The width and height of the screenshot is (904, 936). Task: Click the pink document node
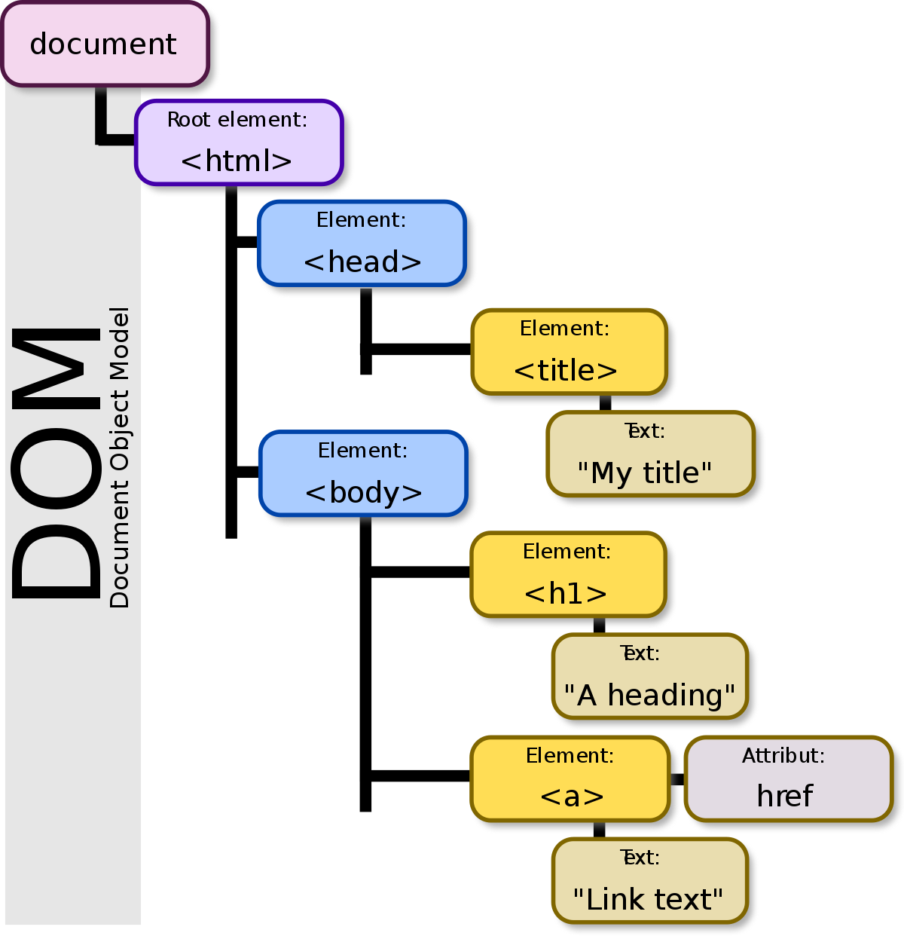(104, 44)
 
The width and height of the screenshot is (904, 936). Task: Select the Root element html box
(239, 142)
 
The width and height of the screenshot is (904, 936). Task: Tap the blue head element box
(362, 243)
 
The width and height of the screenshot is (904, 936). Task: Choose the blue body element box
(363, 473)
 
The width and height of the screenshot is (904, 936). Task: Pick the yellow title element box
(569, 352)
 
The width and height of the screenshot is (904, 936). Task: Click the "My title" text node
(650, 454)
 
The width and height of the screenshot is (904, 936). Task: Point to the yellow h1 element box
(568, 574)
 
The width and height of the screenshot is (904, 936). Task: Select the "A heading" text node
(649, 676)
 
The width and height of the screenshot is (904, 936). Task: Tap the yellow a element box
(570, 778)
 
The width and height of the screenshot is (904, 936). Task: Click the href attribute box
(788, 778)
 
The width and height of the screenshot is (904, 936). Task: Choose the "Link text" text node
(649, 880)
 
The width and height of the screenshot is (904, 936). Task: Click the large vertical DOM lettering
(56, 463)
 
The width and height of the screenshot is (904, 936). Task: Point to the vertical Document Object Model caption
(120, 457)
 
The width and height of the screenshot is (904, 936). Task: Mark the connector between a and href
(677, 779)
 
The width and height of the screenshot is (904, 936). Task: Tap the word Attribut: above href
(783, 756)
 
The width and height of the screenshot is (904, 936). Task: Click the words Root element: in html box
(237, 120)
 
